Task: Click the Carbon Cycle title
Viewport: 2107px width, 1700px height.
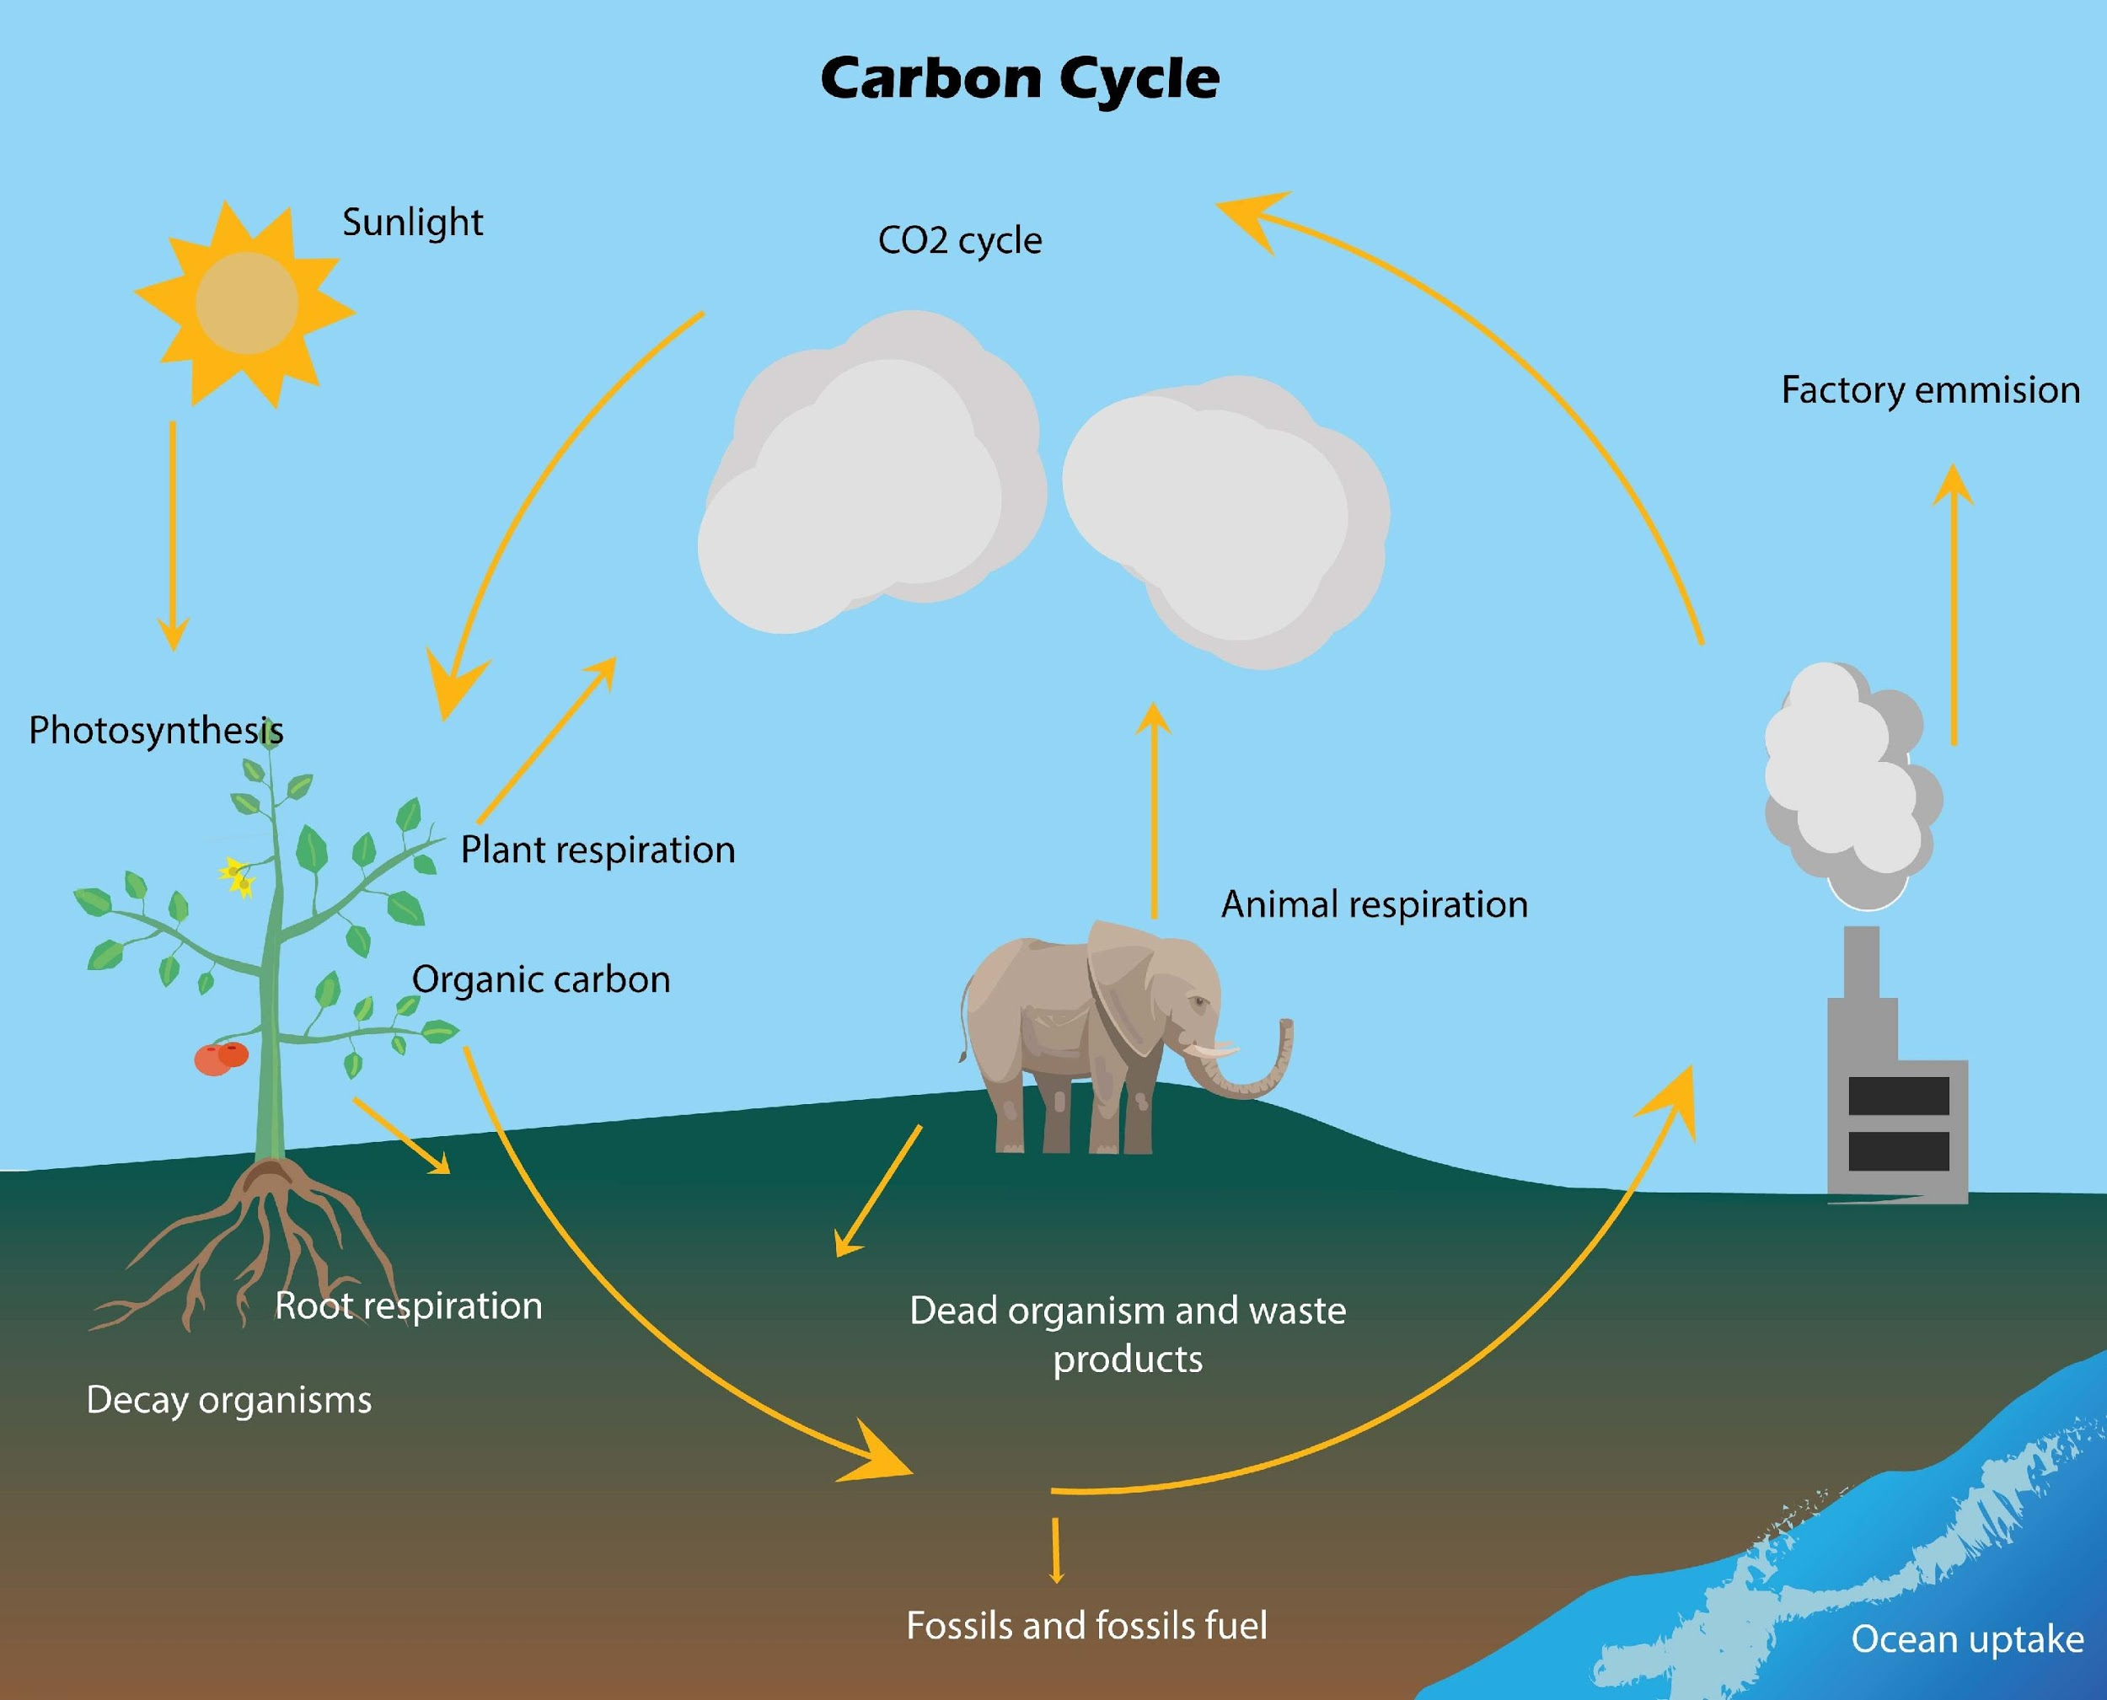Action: [x=1019, y=78]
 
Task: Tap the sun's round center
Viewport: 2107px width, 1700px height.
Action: [x=247, y=303]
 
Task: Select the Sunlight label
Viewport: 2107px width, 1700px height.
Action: [x=412, y=223]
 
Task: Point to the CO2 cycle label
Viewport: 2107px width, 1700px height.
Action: [x=959, y=240]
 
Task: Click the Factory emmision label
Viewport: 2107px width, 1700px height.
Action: [x=1930, y=389]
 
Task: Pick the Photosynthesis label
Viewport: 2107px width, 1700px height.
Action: [x=156, y=731]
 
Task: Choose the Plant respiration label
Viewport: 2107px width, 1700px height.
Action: [x=598, y=850]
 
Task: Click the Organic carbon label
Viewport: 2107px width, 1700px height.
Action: [x=540, y=979]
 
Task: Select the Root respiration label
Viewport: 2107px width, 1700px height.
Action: [x=408, y=1306]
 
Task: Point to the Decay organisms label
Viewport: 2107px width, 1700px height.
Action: [x=229, y=1400]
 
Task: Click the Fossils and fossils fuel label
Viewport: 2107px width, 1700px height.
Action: [x=1086, y=1626]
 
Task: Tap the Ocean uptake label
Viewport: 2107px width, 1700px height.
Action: [x=1967, y=1639]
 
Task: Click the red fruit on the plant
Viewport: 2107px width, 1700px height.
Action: [x=222, y=1059]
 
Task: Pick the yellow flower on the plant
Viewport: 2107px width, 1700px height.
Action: [x=236, y=877]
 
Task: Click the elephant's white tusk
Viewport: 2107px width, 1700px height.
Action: [x=1211, y=1050]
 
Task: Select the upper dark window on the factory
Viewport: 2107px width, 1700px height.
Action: [x=1899, y=1096]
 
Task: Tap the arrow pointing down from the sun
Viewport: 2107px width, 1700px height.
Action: [x=174, y=536]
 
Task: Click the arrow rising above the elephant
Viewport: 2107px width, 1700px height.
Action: [x=1155, y=810]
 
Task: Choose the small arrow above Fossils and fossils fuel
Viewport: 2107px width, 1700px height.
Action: [x=1055, y=1550]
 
